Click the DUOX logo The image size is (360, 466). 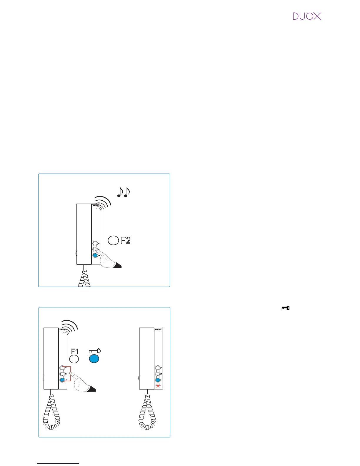click(307, 16)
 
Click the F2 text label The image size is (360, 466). click(126, 240)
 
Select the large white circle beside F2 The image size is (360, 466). click(113, 240)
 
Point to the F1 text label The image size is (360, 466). click(74, 351)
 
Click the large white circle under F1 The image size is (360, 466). click(74, 359)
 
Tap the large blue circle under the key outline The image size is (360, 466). click(94, 359)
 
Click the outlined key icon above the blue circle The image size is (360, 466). click(95, 351)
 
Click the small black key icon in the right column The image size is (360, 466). click(286, 308)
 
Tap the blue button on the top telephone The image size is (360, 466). click(95, 255)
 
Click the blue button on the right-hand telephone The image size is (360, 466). click(158, 380)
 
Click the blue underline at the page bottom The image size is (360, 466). click(58, 463)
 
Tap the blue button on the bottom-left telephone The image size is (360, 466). click(62, 380)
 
